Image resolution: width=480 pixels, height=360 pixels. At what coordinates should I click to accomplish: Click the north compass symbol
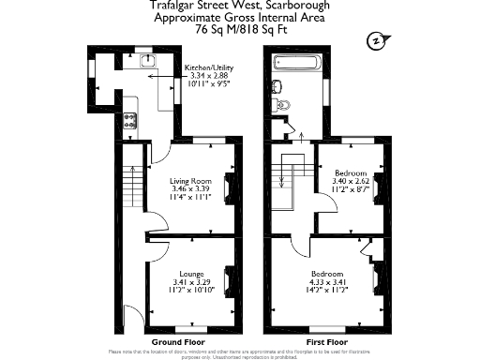(x=376, y=41)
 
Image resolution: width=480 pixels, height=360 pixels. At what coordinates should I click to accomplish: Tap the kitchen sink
(x=146, y=61)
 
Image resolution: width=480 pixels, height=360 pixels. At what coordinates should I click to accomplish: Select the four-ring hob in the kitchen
(x=130, y=120)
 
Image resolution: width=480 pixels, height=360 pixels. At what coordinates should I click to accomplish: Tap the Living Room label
(x=191, y=181)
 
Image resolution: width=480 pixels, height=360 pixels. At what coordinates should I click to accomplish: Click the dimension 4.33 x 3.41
(x=329, y=282)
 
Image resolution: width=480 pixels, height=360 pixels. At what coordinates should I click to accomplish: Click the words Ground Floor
(x=176, y=342)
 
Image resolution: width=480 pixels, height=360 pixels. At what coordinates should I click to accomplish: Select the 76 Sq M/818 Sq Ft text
(x=239, y=30)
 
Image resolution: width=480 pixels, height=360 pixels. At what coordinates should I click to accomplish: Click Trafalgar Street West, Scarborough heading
(x=239, y=6)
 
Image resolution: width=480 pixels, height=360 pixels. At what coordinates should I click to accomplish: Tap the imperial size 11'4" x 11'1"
(x=191, y=198)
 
